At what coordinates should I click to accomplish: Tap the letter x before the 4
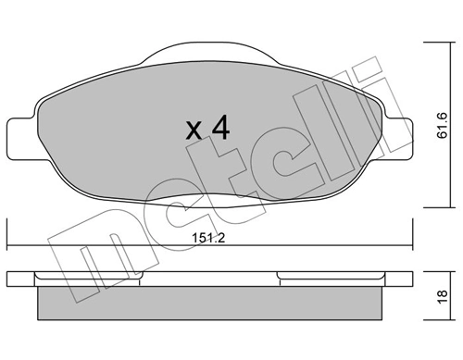[194, 130]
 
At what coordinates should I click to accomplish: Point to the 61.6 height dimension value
[442, 122]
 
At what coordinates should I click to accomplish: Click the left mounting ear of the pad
[19, 137]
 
